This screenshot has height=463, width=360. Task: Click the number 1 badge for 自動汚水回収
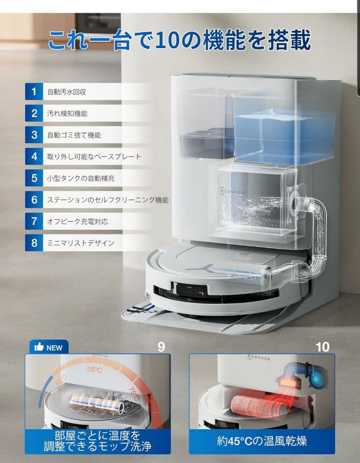[x=33, y=91]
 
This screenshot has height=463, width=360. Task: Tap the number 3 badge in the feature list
[x=33, y=135]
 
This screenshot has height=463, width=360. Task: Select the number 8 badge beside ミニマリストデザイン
[x=33, y=243]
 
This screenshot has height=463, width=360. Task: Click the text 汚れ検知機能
[x=67, y=113]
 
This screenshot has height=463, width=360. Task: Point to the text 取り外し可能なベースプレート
[x=94, y=156]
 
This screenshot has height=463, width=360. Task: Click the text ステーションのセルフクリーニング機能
[x=107, y=200]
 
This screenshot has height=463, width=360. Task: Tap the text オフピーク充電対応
[x=77, y=221]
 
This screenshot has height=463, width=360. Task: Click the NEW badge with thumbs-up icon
[x=48, y=347]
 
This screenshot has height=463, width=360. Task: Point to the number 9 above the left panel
[x=161, y=347]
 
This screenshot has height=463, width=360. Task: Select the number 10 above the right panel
[x=322, y=347]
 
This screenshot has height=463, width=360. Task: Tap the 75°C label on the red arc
[x=133, y=394]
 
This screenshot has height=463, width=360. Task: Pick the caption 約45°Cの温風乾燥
[x=262, y=440]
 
